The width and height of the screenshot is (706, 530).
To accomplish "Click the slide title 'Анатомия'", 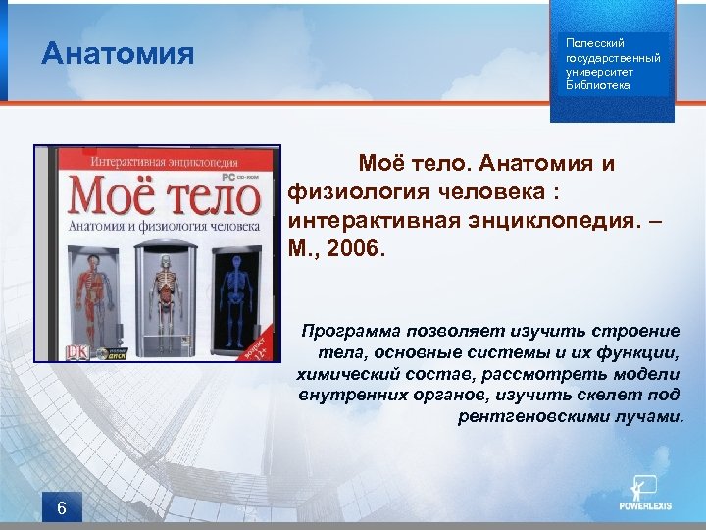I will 118,54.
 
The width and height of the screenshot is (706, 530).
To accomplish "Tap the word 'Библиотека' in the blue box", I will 598,85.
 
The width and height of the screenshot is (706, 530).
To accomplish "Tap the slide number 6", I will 62,507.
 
